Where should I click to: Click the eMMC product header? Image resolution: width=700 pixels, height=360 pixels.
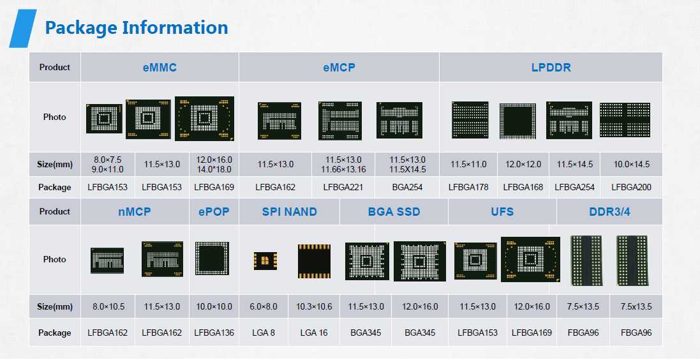pyautogui.click(x=160, y=68)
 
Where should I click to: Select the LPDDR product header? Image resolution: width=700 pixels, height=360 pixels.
pyautogui.click(x=551, y=68)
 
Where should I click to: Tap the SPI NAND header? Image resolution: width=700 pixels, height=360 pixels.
pyautogui.click(x=289, y=212)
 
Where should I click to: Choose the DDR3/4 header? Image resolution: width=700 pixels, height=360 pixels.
pyautogui.click(x=609, y=212)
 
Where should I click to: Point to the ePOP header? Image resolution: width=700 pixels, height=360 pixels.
pyautogui.click(x=214, y=212)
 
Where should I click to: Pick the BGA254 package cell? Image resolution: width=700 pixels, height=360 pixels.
pyautogui.click(x=407, y=187)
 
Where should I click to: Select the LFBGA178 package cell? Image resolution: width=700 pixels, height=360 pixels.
pyautogui.click(x=468, y=187)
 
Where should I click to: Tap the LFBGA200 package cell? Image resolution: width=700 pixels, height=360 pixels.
pyautogui.click(x=631, y=187)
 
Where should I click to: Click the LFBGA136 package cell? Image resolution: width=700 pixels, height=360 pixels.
pyautogui.click(x=214, y=333)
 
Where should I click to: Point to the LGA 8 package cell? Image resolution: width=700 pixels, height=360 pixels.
pyautogui.click(x=264, y=333)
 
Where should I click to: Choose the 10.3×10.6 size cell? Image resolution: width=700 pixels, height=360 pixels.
pyautogui.click(x=314, y=307)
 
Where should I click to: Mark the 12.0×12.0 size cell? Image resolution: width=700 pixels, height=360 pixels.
pyautogui.click(x=523, y=165)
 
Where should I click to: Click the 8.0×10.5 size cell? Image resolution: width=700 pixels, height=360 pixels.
pyautogui.click(x=108, y=307)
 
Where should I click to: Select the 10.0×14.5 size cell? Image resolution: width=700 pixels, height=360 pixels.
pyautogui.click(x=631, y=165)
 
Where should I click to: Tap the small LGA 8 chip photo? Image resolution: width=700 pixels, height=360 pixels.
pyautogui.click(x=265, y=261)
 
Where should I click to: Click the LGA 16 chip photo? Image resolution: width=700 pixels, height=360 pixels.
pyautogui.click(x=315, y=261)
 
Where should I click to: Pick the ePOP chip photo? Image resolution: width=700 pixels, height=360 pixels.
pyautogui.click(x=212, y=258)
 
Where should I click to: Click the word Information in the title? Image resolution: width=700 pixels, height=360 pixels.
pyautogui.click(x=175, y=27)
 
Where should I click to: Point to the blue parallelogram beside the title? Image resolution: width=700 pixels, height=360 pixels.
pyautogui.click(x=23, y=28)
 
